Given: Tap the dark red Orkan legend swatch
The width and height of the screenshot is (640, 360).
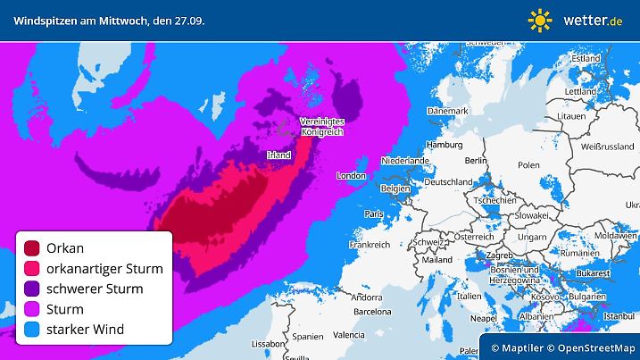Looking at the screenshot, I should tap(33, 248).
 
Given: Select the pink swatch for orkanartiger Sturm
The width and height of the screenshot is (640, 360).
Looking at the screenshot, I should tap(33, 269).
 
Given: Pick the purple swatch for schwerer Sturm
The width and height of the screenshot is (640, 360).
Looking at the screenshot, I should tap(33, 289).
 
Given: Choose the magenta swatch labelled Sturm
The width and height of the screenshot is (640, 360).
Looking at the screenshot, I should tap(33, 310).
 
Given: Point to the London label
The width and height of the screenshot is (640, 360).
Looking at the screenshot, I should tap(351, 177).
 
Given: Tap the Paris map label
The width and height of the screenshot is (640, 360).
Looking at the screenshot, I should tap(373, 214).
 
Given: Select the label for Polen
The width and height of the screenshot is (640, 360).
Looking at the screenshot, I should tap(529, 165).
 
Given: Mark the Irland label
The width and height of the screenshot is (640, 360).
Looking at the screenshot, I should tap(278, 155).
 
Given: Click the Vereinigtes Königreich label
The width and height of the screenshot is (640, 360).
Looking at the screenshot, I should tap(321, 126).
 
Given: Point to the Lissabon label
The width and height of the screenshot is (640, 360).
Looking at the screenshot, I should tap(268, 344).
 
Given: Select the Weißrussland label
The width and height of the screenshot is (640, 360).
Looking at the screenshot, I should tap(606, 145).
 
